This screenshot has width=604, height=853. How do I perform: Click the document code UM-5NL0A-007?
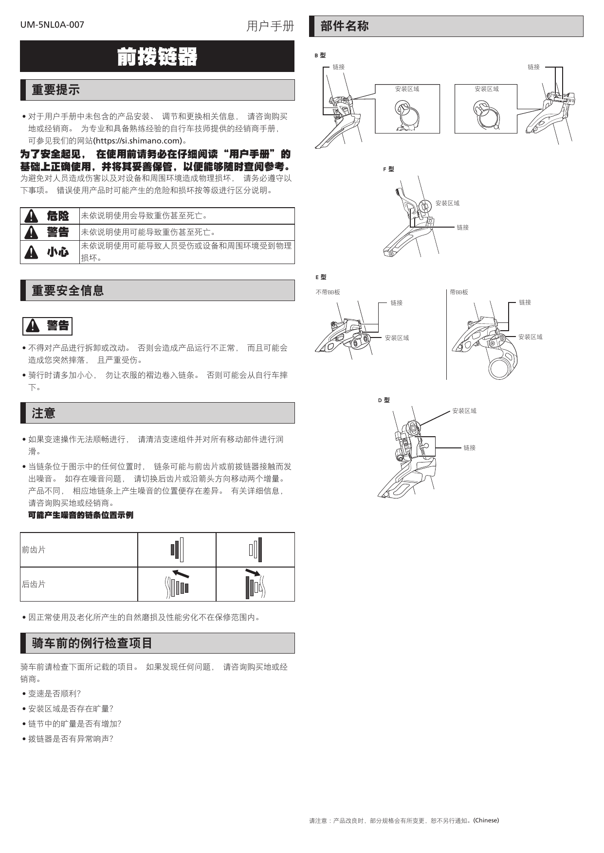tap(52, 25)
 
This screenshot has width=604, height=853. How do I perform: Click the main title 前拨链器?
tap(157, 57)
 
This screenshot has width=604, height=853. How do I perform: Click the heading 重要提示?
tap(55, 90)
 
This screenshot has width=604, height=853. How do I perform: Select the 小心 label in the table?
tap(58, 252)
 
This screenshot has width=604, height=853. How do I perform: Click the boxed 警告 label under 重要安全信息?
tap(48, 326)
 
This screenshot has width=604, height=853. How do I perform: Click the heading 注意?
tap(44, 413)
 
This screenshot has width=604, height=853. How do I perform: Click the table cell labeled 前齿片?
tap(34, 550)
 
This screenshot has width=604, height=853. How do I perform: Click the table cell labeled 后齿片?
tap(34, 585)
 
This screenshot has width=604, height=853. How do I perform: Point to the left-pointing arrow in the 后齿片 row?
tap(181, 573)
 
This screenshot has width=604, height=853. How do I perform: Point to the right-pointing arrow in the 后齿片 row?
tap(253, 572)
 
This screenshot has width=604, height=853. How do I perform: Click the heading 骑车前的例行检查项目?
tap(92, 643)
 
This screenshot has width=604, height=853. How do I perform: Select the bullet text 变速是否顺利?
tap(55, 694)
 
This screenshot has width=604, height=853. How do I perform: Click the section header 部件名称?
tap(345, 26)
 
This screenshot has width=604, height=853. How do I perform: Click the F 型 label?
tap(388, 169)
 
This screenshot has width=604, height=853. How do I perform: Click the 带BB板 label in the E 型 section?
tap(459, 292)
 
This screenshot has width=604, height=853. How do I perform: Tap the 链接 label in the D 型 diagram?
tap(470, 448)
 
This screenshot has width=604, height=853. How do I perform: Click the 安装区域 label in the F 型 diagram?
tap(447, 203)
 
